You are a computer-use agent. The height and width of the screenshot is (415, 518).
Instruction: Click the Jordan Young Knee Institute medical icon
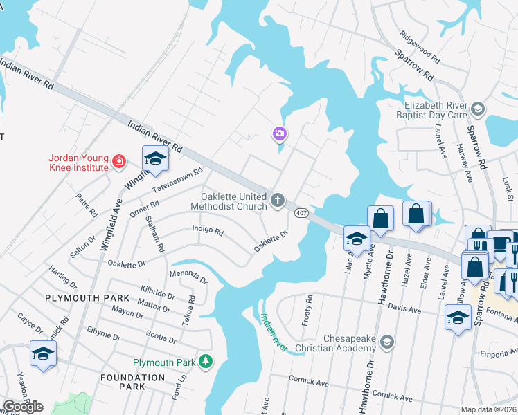[x=119, y=162]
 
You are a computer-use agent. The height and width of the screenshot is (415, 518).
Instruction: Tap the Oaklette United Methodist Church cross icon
[x=278, y=201]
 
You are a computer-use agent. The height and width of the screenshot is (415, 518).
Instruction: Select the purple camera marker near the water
[x=280, y=133]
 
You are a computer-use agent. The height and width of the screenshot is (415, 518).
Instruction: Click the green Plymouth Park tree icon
[x=205, y=361]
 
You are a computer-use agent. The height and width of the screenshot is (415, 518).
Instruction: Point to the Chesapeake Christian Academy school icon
[x=387, y=342]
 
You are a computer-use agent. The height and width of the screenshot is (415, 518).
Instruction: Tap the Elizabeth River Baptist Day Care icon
[x=477, y=109]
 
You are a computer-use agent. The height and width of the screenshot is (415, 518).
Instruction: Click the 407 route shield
[x=301, y=212]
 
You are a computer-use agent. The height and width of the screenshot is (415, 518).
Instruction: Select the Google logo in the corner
[x=23, y=406]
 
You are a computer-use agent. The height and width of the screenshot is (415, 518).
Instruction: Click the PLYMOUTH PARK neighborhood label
[x=87, y=297]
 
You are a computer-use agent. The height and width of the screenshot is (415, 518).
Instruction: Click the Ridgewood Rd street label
[x=419, y=44]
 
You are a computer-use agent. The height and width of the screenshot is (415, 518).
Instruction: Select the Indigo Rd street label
[x=208, y=231]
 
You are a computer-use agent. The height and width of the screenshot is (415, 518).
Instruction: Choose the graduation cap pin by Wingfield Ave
[x=155, y=159]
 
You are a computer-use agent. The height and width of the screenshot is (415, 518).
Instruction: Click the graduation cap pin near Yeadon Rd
[x=43, y=353]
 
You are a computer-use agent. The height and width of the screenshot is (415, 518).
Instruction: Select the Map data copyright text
[x=489, y=409]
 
